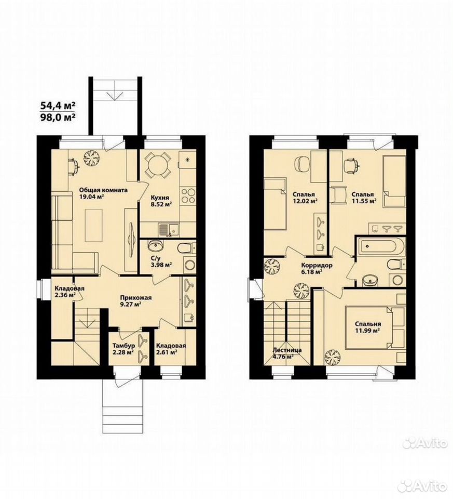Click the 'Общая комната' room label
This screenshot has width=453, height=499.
(103, 190)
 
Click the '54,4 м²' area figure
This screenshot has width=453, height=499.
(58, 105)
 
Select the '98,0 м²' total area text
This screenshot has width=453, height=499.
(58, 117)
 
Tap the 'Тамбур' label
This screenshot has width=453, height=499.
(124, 346)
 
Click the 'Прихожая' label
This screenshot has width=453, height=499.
(135, 298)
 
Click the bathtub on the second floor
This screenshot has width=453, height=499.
(380, 246)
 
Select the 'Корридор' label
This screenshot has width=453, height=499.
(317, 265)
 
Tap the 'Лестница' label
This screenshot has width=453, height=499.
(287, 350)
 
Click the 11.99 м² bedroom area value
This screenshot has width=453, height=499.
(367, 331)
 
